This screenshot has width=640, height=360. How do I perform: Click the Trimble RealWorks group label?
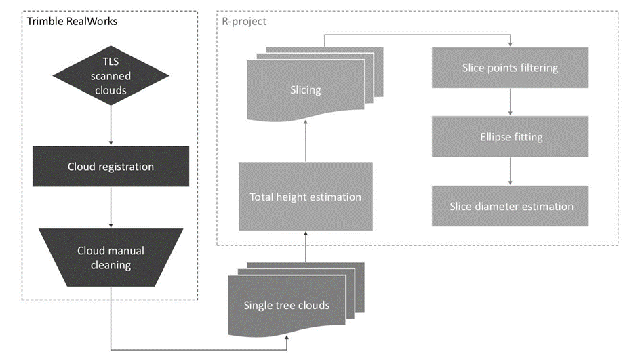tap(72, 21)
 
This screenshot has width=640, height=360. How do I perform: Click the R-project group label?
tap(244, 21)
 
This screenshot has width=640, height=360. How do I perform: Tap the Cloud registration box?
tap(111, 167)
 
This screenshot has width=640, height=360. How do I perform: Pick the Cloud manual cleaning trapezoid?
tap(111, 258)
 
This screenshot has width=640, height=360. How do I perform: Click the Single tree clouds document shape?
tap(286, 305)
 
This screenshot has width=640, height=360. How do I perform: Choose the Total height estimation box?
tap(305, 197)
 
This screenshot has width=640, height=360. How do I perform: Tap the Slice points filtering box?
tap(510, 68)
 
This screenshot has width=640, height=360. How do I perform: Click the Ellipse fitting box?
tap(510, 137)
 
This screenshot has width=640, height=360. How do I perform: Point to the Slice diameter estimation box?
tap(510, 206)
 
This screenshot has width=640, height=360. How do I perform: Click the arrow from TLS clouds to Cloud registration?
tap(111, 128)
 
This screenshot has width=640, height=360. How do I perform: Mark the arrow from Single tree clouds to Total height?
tap(305, 247)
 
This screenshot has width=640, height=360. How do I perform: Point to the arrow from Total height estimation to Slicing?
tap(305, 140)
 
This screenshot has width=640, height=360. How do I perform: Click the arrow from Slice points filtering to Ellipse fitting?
tap(510, 102)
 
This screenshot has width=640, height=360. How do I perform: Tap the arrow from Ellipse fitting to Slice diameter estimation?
tap(510, 172)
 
